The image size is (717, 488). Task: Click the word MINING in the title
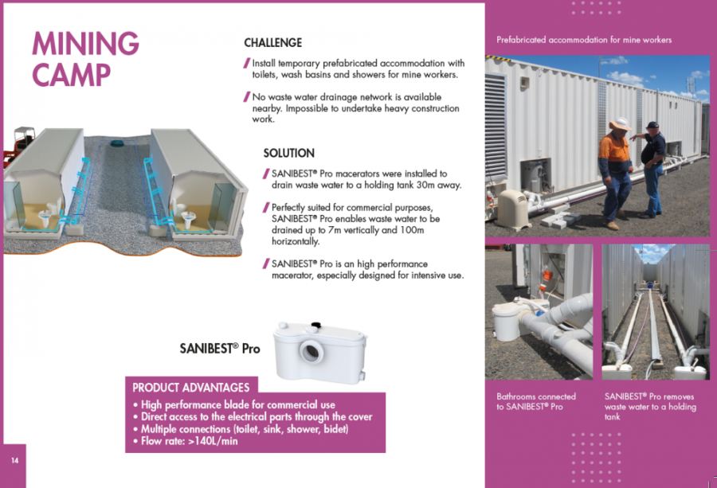point(85,44)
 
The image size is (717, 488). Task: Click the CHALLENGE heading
point(273,42)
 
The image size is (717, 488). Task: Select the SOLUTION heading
point(289,153)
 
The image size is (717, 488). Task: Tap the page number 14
point(14,461)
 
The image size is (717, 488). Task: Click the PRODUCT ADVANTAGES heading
point(191,388)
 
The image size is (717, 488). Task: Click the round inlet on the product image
point(311,351)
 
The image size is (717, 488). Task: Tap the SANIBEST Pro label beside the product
point(220,349)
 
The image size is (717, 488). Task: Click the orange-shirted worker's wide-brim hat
point(621,124)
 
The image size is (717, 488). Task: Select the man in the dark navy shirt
point(651,169)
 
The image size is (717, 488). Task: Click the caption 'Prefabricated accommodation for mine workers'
point(584,40)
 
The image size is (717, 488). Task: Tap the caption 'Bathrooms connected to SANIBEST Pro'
point(536,402)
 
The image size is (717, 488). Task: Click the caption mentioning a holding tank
point(650,407)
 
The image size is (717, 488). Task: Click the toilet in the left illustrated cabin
point(45,218)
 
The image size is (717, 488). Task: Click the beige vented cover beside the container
point(512,209)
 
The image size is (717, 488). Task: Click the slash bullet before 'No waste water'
point(246,97)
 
